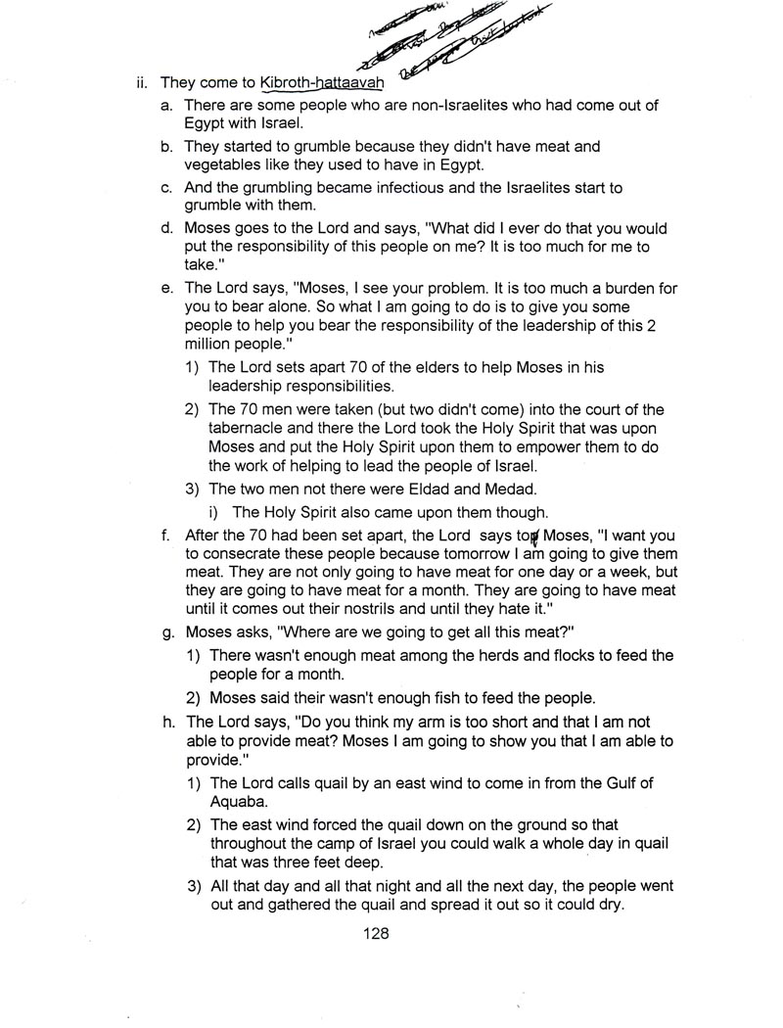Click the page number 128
[376, 933]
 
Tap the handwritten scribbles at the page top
[455, 34]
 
